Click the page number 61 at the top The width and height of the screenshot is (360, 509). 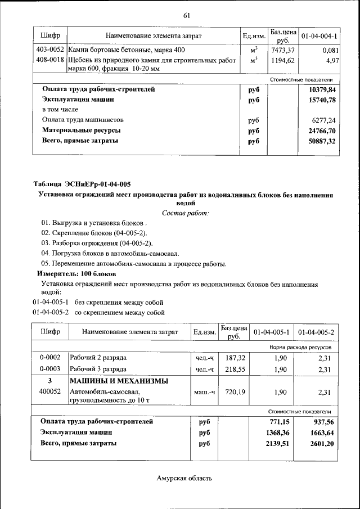[186, 15]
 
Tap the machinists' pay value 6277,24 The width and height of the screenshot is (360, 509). [323, 120]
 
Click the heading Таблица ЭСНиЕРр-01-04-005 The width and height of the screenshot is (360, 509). [82, 184]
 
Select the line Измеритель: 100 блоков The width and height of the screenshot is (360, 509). [76, 273]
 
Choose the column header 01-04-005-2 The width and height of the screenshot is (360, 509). [316, 332]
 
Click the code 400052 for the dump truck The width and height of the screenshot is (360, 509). [50, 391]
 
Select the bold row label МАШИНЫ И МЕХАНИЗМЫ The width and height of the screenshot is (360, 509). [119, 381]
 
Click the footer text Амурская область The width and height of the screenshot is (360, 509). [184, 478]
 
